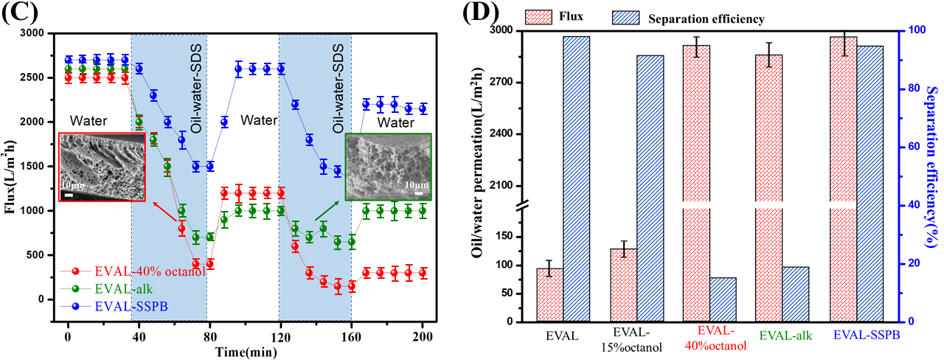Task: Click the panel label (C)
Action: (x=15, y=14)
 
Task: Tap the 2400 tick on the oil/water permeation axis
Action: (x=515, y=134)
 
